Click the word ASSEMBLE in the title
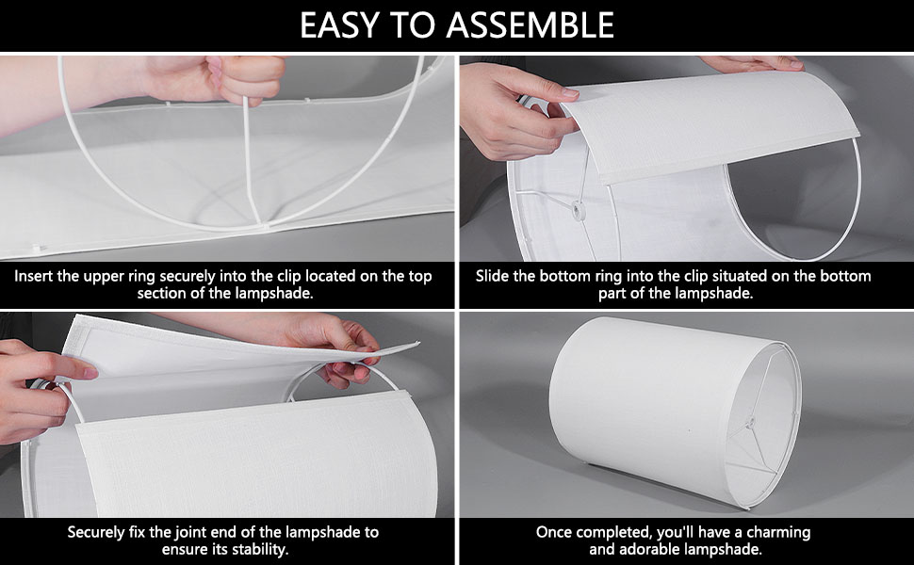pyautogui.click(x=530, y=25)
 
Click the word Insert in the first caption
pyautogui.click(x=33, y=276)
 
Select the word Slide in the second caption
pyautogui.click(x=492, y=276)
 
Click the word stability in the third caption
pyautogui.click(x=259, y=549)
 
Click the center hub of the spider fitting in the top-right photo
pyautogui.click(x=579, y=210)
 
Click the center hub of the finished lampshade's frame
pyautogui.click(x=751, y=422)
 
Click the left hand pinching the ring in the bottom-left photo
pyautogui.click(x=36, y=390)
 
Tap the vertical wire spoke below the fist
pyautogui.click(x=251, y=161)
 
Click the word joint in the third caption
pyautogui.click(x=191, y=532)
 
